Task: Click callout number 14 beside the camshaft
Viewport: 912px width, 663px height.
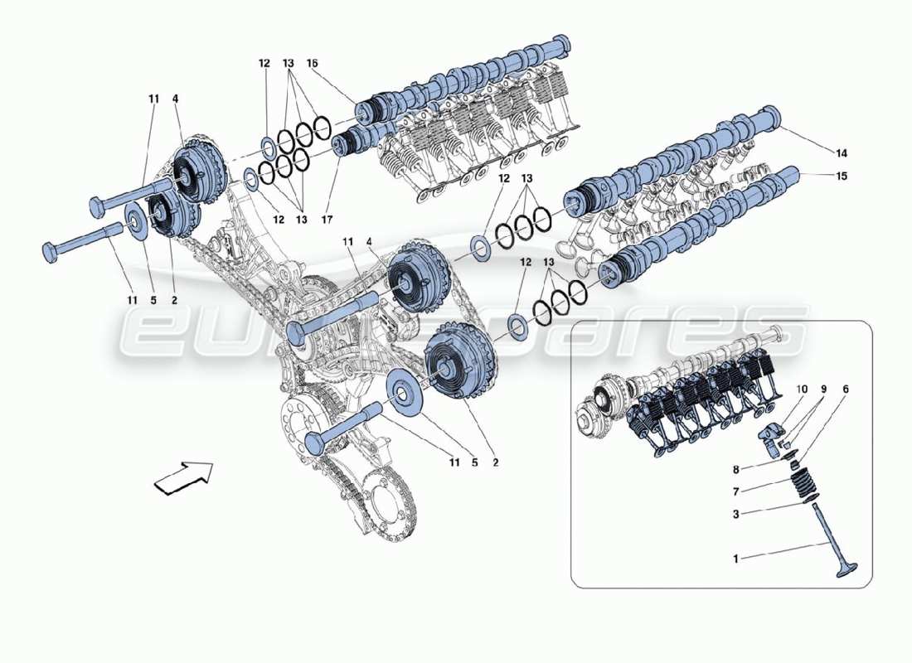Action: (842, 153)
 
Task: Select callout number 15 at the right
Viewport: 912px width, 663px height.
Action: (842, 177)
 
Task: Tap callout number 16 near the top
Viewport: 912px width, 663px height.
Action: (313, 63)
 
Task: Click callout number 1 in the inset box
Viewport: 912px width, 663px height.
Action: (735, 559)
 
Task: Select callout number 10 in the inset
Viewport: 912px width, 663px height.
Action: (846, 389)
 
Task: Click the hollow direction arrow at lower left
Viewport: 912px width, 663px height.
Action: (183, 479)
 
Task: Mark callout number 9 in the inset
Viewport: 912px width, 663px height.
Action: (823, 389)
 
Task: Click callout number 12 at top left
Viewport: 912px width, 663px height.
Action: (264, 63)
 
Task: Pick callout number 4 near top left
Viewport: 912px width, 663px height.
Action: (175, 99)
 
